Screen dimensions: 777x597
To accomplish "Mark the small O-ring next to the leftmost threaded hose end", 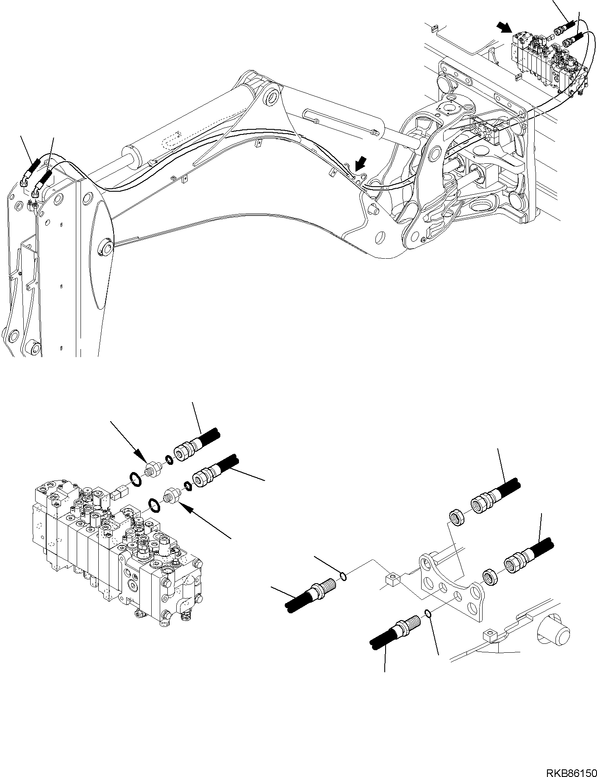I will [343, 576].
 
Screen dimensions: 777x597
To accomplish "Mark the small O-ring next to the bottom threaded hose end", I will [428, 612].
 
